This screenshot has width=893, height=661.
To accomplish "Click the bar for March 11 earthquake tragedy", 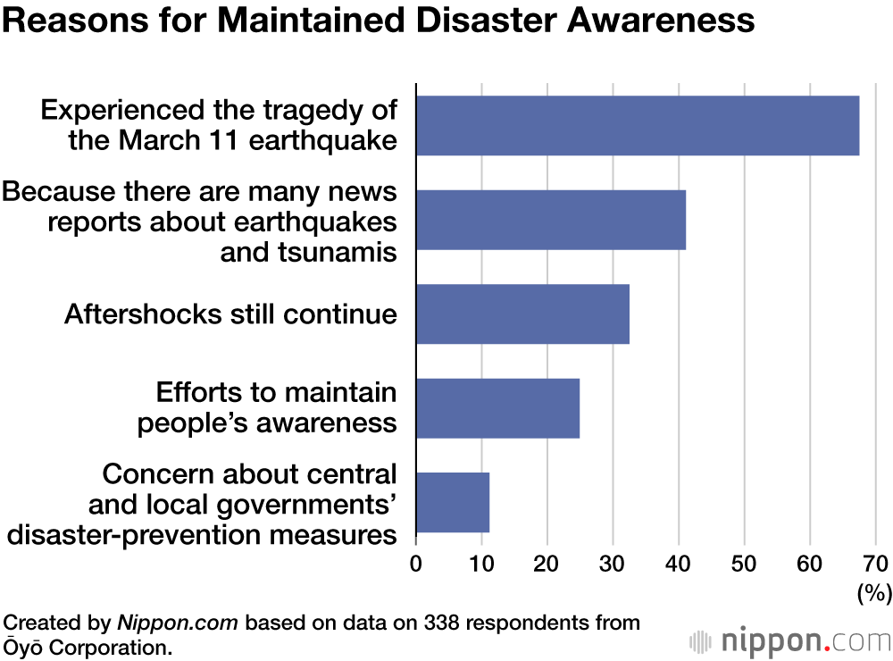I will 638,126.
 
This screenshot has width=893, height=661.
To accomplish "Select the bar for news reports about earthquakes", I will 551,220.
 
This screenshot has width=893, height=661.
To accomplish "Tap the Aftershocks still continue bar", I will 522,314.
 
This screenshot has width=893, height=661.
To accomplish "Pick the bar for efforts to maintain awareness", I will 497,407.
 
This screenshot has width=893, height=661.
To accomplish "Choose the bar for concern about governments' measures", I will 453,501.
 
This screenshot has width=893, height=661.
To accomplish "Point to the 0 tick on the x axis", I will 416,564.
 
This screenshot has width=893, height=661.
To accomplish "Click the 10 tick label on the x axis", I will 481,564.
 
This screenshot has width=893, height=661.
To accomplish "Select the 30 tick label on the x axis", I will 613,564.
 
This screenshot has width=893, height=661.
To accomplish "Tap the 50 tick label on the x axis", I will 744,564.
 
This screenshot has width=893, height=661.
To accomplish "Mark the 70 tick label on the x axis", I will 875,564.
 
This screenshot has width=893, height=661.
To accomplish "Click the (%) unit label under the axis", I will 872,591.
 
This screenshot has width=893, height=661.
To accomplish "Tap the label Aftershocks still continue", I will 230,314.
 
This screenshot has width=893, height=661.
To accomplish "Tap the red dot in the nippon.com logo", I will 826,648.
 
